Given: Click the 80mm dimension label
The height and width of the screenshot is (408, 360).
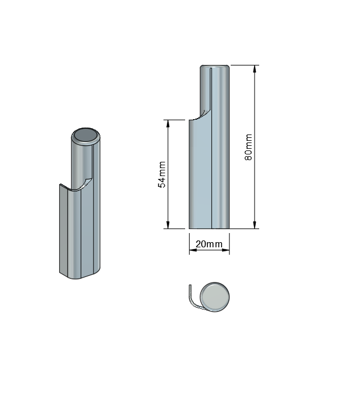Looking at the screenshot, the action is click(248, 147).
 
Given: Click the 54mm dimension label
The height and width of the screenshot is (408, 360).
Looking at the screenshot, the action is click(162, 174).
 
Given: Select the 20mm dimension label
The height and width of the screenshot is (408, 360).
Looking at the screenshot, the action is click(209, 244).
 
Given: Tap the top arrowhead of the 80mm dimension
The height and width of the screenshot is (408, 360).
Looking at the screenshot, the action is click(255, 69).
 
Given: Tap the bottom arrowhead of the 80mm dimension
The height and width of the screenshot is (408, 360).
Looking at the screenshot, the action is click(255, 225).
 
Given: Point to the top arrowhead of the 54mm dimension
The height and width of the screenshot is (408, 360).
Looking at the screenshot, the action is click(168, 124).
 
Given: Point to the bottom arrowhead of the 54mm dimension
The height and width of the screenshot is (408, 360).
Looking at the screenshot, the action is click(168, 225).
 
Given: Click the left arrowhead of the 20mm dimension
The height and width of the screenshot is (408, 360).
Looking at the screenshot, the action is click(193, 250).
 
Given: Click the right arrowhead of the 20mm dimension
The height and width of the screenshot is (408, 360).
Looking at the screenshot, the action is click(226, 250).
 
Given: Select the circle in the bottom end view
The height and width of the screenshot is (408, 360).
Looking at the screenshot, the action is click(215, 297).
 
